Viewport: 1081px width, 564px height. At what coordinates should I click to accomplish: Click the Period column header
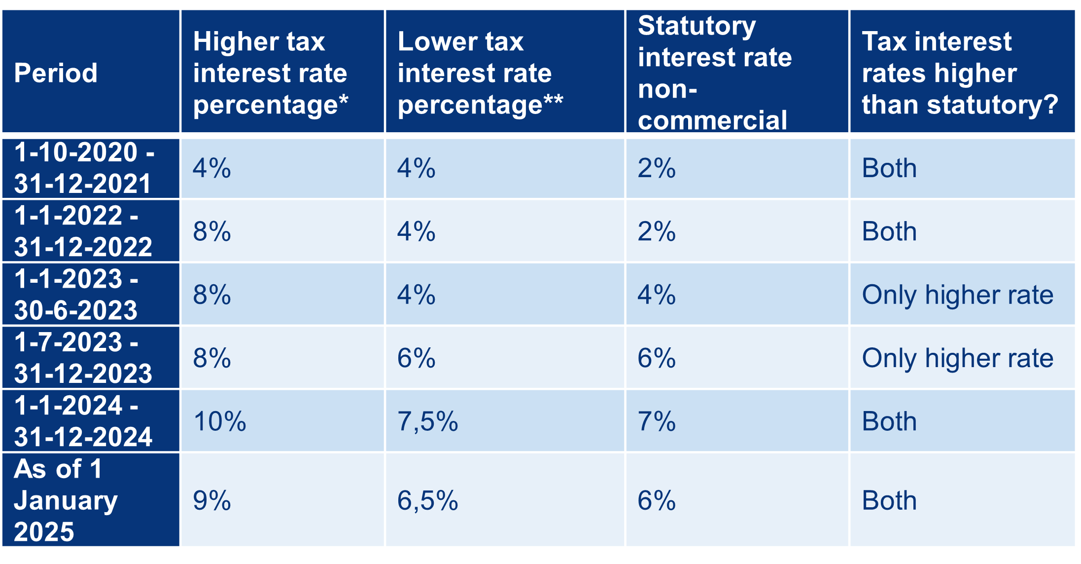56,73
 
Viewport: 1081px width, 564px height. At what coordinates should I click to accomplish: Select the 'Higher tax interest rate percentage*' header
270,73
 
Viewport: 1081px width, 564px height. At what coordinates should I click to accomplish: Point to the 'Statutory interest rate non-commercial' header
715,73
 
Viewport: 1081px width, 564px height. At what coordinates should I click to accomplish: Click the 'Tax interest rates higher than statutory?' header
959,73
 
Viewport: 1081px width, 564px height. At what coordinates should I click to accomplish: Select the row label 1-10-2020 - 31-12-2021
84,168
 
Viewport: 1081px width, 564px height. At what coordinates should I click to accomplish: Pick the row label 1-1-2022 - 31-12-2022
83,231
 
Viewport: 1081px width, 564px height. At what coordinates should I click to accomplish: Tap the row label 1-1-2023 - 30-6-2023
76,295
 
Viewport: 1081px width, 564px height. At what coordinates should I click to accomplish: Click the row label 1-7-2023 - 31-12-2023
83,358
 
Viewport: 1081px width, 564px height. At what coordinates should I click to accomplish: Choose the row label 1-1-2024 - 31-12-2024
83,421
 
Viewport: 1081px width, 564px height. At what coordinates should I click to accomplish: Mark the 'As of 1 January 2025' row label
66,500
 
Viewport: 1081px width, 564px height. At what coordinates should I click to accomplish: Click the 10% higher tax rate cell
219,421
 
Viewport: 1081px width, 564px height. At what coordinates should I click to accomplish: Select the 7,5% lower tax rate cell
427,421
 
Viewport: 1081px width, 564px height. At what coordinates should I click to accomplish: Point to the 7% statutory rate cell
656,421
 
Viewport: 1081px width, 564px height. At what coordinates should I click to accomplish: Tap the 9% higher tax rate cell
211,500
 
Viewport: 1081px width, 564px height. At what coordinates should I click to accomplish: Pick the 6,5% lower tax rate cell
427,500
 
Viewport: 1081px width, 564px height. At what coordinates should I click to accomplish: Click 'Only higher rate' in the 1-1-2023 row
957,295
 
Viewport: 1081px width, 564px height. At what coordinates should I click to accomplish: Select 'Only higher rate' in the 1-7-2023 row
957,358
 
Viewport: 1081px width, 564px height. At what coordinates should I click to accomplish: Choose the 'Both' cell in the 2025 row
889,500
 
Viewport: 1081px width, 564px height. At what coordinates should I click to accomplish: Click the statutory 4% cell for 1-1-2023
656,295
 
